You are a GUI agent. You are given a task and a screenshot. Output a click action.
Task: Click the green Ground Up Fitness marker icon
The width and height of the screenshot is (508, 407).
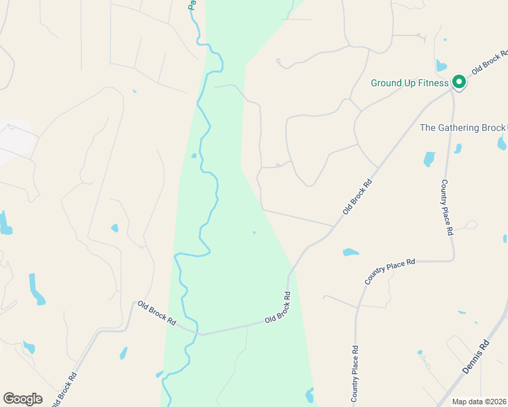458,82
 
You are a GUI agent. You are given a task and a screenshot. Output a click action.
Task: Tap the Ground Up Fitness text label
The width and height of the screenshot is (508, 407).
410,83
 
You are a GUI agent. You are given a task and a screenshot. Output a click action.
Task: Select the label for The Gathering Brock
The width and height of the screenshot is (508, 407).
462,128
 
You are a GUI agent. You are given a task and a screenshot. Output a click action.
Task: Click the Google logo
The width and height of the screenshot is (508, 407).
22,399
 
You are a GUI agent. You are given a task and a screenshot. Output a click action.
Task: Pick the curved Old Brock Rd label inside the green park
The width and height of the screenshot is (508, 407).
278,308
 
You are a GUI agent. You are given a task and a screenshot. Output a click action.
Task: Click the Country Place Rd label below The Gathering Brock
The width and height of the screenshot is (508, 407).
446,207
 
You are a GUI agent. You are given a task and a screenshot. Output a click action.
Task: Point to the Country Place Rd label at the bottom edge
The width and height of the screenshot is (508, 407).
355,375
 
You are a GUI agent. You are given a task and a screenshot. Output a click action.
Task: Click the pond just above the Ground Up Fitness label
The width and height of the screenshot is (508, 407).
441,66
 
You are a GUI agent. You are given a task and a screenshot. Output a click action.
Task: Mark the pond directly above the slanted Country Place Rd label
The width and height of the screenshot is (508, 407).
350,252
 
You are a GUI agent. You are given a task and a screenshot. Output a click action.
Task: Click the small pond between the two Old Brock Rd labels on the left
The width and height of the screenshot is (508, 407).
124,353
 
